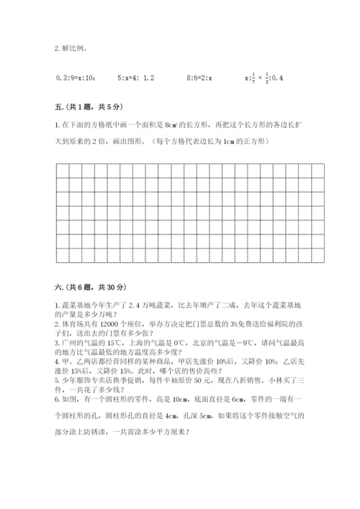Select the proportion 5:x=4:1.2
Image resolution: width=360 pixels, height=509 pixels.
[x=136, y=76]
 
